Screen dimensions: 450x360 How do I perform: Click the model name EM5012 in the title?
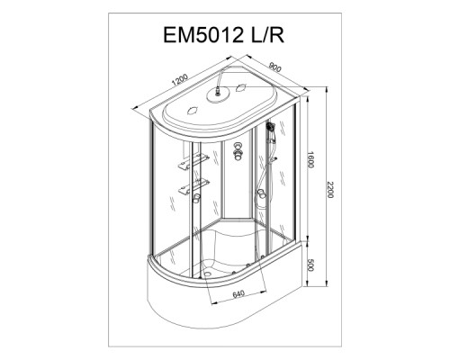(x=203, y=35)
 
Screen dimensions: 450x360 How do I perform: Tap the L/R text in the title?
(x=267, y=35)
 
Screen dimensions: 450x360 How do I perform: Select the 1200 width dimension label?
(x=180, y=80)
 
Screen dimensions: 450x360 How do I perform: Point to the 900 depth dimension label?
(x=275, y=67)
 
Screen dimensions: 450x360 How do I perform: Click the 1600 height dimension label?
(x=310, y=160)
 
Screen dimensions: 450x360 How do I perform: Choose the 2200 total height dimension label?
(x=330, y=190)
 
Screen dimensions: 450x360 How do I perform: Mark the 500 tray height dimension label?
(x=310, y=265)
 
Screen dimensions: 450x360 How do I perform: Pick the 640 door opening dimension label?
(x=238, y=293)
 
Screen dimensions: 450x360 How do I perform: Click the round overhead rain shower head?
(x=218, y=95)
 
